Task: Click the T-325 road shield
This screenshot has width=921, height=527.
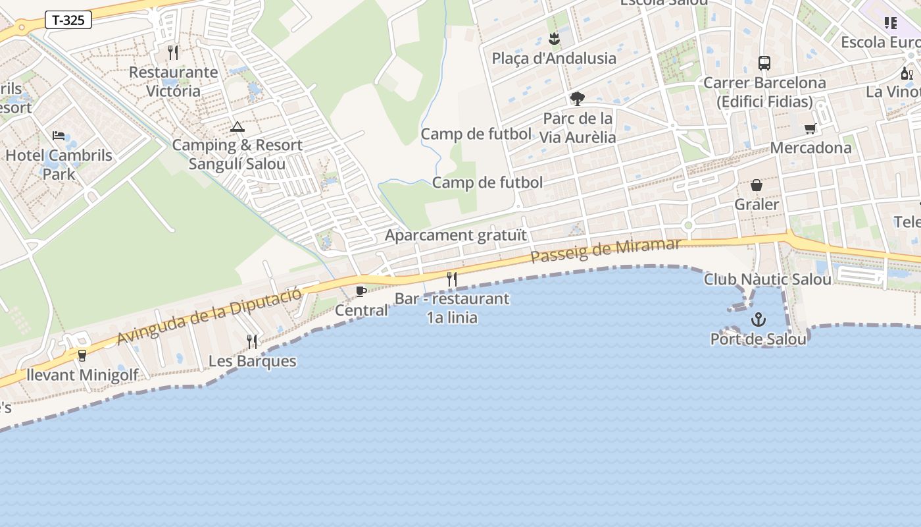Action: (68, 20)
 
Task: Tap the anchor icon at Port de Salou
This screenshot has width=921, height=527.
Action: (759, 320)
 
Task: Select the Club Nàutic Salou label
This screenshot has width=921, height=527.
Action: (768, 279)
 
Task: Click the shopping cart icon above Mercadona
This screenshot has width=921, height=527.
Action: (810, 128)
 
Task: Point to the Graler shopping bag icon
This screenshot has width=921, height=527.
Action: (757, 185)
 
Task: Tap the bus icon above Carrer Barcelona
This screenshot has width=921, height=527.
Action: (764, 63)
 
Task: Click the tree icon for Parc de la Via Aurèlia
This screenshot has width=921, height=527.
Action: (578, 99)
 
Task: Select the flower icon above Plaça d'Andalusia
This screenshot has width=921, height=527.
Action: (554, 39)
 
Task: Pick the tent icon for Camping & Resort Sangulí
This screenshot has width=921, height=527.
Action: (237, 126)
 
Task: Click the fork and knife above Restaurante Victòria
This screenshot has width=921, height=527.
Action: (173, 52)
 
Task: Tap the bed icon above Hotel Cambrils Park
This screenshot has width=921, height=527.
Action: (59, 136)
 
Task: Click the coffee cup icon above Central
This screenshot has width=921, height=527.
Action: (361, 291)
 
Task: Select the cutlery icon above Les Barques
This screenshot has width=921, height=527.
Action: (252, 341)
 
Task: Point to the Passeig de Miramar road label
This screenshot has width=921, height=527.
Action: (605, 251)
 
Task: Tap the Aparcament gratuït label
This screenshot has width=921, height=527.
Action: (456, 235)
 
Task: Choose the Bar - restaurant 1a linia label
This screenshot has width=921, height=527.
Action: (452, 308)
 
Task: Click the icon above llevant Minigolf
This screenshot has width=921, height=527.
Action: (82, 356)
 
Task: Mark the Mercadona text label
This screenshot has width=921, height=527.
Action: (810, 148)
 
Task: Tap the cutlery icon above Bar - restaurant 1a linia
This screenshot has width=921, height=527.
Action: (452, 279)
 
